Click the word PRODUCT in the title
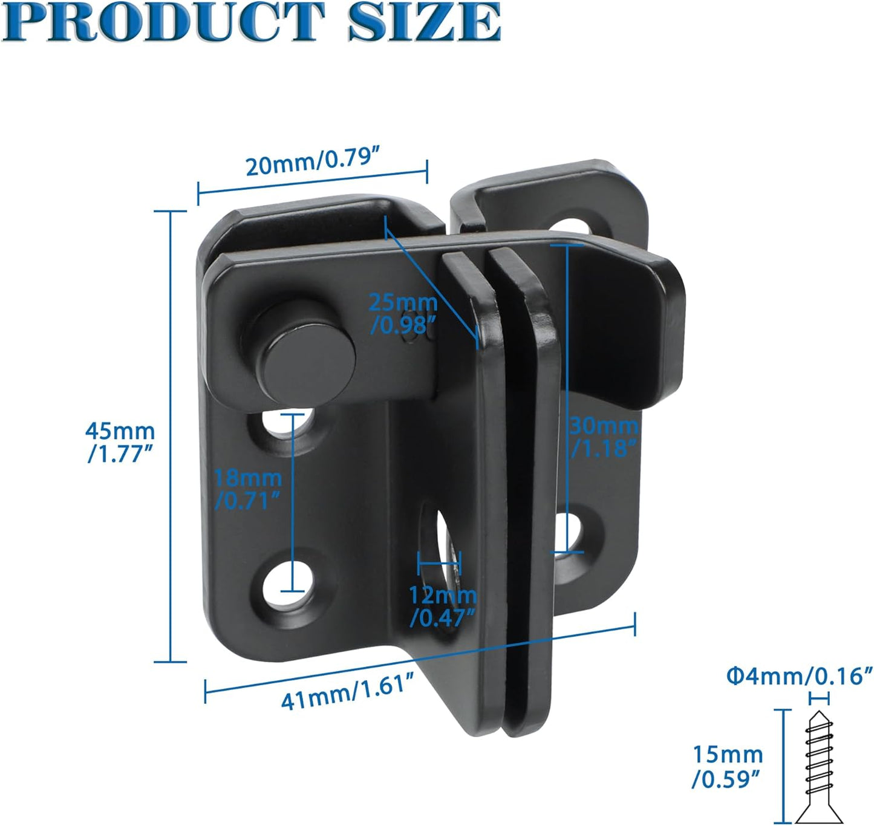click(x=163, y=22)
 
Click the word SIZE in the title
click(x=424, y=22)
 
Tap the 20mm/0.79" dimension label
click(x=312, y=162)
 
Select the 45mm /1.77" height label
click(x=120, y=442)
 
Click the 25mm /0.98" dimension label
click(x=403, y=313)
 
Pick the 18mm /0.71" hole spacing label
click(x=248, y=489)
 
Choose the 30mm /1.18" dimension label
click(x=604, y=437)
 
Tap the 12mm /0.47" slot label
click(x=443, y=606)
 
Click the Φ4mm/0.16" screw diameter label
click(x=799, y=675)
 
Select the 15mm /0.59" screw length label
click(x=727, y=766)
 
